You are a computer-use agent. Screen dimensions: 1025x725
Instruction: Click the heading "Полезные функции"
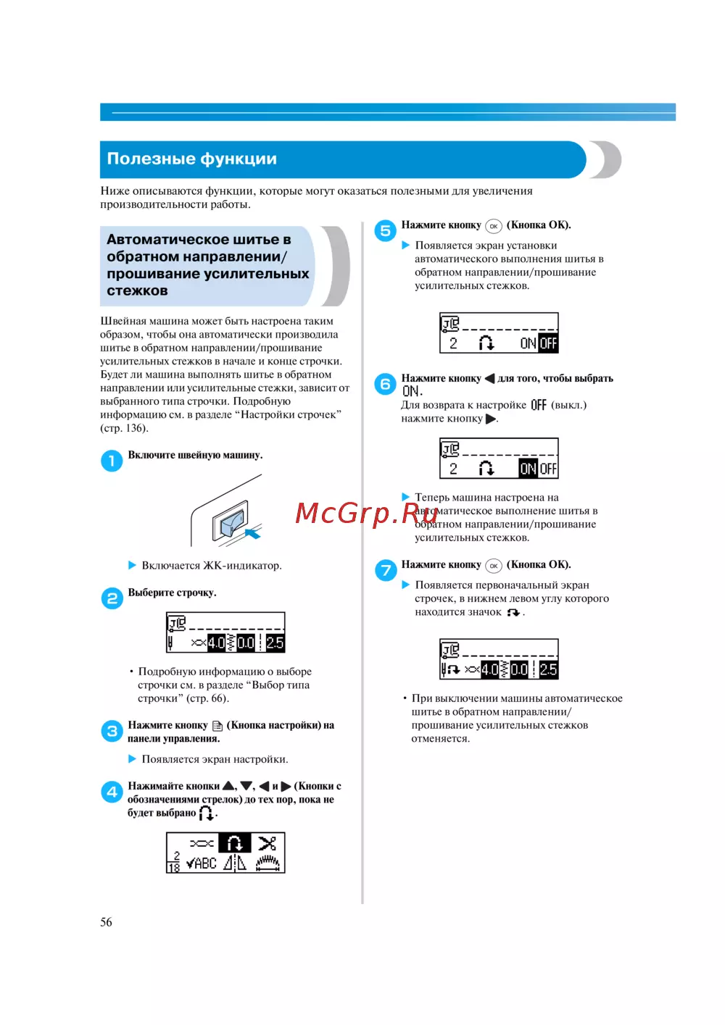192,159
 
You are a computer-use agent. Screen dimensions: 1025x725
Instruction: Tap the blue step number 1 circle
112,461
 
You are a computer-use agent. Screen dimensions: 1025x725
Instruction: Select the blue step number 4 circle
112,792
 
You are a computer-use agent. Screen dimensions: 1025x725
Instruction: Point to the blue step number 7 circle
385,570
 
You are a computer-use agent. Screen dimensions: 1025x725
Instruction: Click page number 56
106,922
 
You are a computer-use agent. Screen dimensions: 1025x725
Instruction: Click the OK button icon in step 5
494,226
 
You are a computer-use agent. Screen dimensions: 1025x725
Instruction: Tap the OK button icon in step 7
494,566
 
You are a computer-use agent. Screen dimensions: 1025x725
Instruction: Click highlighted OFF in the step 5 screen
548,343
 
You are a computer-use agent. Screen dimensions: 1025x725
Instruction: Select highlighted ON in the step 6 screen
528,469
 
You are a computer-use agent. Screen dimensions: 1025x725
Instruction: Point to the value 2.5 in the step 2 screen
275,643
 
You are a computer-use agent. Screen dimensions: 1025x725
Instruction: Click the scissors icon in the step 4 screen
267,843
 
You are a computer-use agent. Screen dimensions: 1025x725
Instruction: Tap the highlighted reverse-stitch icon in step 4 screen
235,843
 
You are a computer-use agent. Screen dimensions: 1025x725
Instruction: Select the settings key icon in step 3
217,726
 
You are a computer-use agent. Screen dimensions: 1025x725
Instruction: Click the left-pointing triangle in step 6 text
489,378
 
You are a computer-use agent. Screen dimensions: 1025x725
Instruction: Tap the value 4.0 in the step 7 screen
490,669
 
